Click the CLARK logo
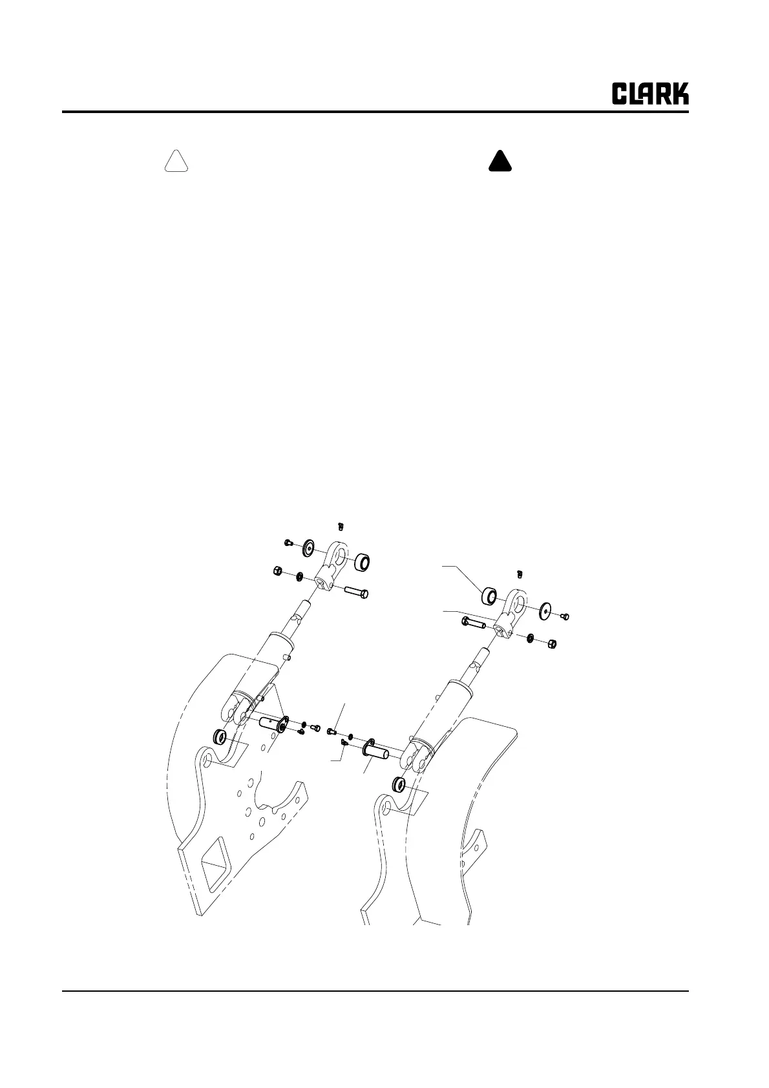click(x=650, y=94)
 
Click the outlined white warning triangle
click(x=176, y=162)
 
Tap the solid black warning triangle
click(x=500, y=162)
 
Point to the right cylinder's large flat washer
click(x=544, y=609)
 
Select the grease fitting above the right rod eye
click(x=520, y=573)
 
